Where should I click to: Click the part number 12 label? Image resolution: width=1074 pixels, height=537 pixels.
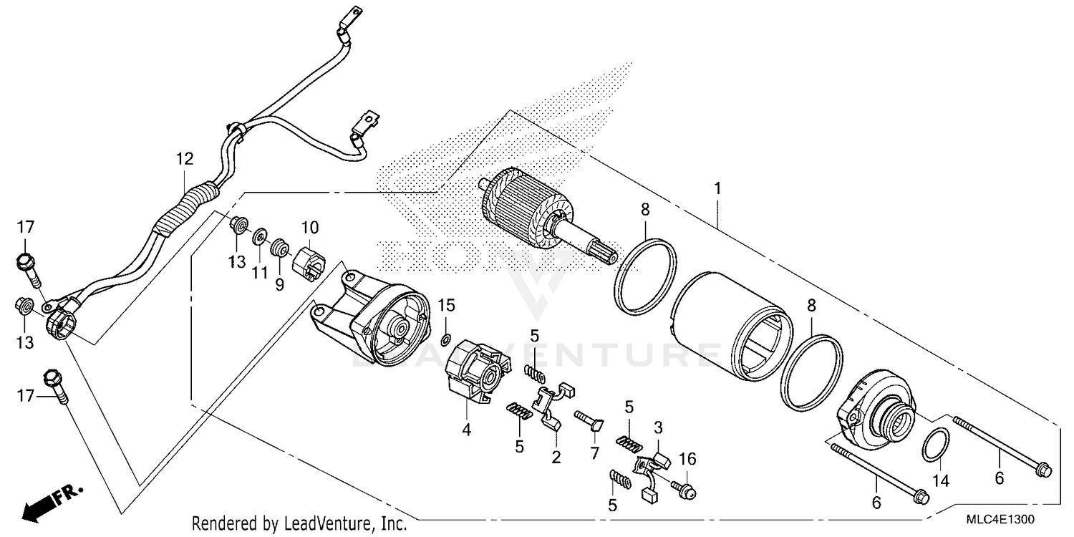(185, 159)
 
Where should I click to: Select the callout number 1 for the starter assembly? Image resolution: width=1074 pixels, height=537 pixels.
(717, 170)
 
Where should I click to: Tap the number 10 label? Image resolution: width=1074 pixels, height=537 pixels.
(309, 228)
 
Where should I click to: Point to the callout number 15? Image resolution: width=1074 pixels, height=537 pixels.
(447, 305)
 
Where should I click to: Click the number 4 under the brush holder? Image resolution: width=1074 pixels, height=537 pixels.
(466, 431)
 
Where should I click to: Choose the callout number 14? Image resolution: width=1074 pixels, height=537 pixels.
(940, 481)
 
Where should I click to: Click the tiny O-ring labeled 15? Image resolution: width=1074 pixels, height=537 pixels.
(446, 339)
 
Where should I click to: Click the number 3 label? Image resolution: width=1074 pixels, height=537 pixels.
(658, 428)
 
